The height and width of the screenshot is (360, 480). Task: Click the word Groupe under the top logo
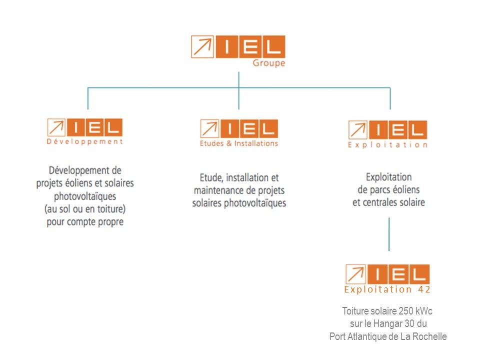coord(269,63)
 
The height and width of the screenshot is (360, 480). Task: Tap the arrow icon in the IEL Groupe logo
coord(202,47)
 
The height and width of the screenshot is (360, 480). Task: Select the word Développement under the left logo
coord(85,141)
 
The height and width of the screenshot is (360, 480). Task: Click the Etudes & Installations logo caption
coord(239,143)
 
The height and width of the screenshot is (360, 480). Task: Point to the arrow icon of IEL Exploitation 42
coord(355,274)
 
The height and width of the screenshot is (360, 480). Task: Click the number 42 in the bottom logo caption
coord(424,289)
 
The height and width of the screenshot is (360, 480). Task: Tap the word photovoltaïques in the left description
coord(85,196)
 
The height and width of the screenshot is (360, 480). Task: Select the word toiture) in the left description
coord(111,209)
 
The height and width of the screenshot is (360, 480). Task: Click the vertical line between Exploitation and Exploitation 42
coord(389,234)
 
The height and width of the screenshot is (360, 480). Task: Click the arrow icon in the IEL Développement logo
coord(56,127)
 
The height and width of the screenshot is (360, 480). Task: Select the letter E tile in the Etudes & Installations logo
coord(250,128)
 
